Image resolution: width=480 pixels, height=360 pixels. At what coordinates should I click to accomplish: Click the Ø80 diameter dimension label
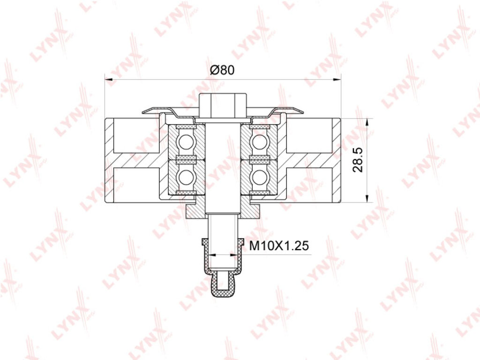point(222,70)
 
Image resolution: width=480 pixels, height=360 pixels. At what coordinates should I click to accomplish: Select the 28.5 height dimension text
point(358,160)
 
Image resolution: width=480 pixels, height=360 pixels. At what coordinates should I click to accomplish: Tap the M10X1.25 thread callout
point(279,246)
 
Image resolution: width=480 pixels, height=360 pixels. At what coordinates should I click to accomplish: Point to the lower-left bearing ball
point(186,177)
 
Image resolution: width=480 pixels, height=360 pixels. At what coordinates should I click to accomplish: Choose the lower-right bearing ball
point(259,177)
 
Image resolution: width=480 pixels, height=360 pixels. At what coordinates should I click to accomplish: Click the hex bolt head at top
point(223,105)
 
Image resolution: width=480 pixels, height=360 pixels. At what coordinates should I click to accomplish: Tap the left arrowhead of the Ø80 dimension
point(109,80)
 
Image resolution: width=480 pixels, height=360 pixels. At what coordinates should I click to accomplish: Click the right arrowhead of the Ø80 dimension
point(337,80)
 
